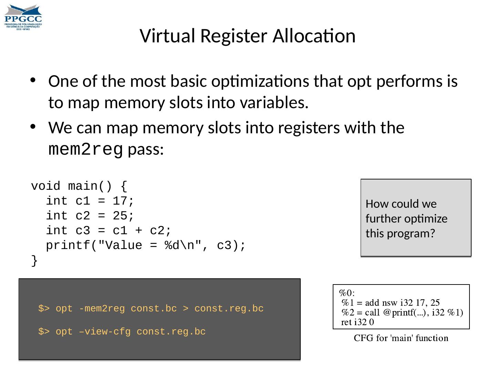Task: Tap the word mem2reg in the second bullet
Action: point(85,149)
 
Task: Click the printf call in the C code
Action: point(68,246)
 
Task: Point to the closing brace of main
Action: point(34,261)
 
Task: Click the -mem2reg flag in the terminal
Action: point(102,309)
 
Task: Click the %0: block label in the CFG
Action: point(347,293)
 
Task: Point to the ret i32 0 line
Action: point(358,322)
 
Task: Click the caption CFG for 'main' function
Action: point(401,338)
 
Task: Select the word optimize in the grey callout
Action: point(426,219)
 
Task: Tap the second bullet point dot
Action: point(33,127)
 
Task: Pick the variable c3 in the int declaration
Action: point(83,231)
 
